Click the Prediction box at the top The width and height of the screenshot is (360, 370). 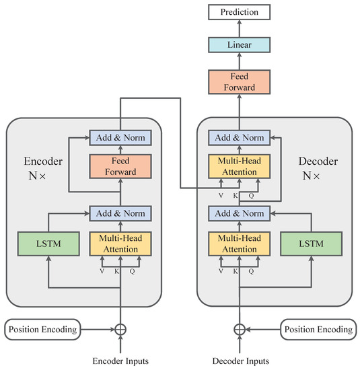tap(238, 11)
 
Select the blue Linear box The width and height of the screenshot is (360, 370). tap(238, 44)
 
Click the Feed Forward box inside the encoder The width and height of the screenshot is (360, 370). tap(120, 166)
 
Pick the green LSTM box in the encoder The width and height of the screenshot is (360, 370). tap(46, 244)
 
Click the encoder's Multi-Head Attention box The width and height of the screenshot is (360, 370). tap(120, 244)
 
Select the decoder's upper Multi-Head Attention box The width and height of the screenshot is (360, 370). tap(238, 166)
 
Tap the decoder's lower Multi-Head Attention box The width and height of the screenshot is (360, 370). tap(238, 244)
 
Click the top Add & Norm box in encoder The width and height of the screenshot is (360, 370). tap(120, 137)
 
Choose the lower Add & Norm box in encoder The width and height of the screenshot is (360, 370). tap(120, 214)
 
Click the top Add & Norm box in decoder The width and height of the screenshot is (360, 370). tap(238, 137)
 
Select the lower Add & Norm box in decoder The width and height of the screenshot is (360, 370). tap(238, 214)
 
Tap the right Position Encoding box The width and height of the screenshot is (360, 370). tap(316, 330)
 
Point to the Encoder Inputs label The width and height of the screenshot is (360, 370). tap(120, 361)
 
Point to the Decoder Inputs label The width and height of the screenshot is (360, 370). tap(238, 361)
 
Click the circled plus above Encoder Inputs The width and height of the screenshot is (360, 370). tap(120, 330)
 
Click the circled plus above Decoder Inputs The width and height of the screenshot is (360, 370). tap(238, 330)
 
